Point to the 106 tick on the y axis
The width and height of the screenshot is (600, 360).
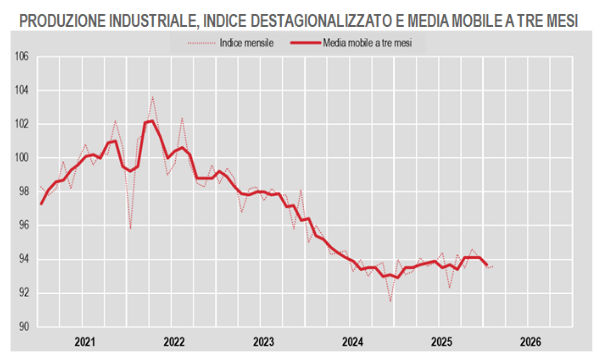tap(20, 56)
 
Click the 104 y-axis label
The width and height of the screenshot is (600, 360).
tap(20, 90)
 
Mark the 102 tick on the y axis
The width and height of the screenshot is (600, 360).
tap(20, 124)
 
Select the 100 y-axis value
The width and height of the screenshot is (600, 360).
tap(20, 158)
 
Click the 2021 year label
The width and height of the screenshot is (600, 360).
tap(84, 341)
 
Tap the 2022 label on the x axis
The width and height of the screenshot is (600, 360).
tap(174, 341)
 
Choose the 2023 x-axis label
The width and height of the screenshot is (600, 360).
tap(263, 341)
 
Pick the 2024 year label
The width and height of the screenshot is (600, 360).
tap(352, 341)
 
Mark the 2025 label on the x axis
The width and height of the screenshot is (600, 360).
tap(441, 341)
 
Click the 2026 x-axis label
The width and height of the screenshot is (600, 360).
tap(530, 341)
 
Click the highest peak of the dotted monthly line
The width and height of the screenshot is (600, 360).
tap(153, 96)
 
